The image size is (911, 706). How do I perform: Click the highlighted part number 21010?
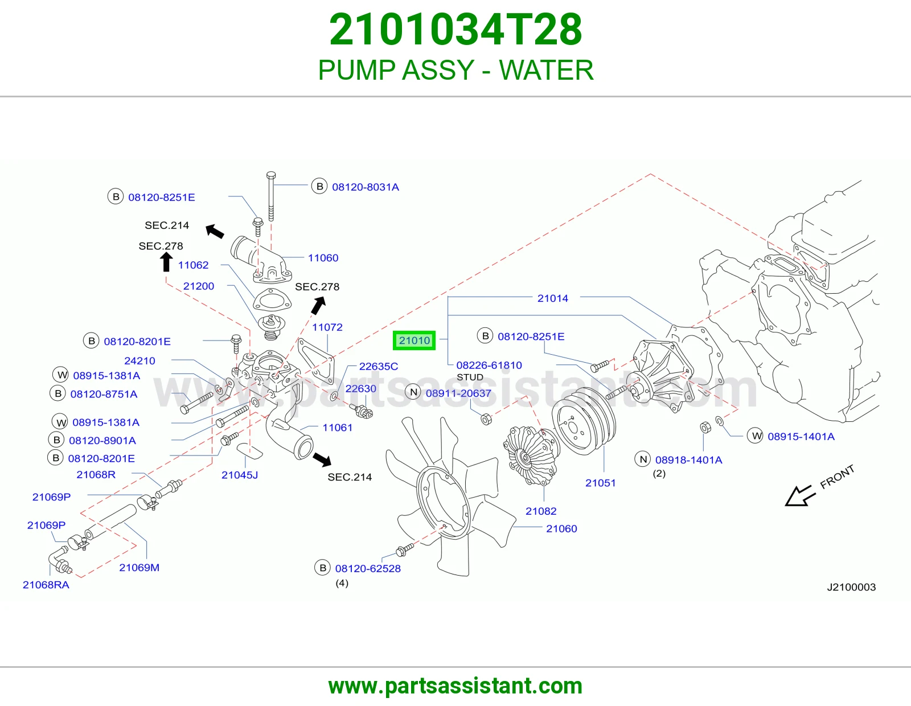414,340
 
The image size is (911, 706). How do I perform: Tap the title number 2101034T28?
455,30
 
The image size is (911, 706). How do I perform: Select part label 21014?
552,298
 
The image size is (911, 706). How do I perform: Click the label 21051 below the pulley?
600,483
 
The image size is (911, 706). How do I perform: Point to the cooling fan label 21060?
561,528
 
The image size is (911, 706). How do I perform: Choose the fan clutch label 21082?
541,511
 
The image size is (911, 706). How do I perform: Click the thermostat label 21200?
199,286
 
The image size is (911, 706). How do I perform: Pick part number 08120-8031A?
365,187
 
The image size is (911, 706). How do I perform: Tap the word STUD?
470,377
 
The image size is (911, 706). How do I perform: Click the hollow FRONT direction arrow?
800,496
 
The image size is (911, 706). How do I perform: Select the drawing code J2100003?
851,587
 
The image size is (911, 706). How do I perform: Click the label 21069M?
139,567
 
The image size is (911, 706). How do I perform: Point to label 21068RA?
46,584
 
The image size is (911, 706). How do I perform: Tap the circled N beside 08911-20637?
413,392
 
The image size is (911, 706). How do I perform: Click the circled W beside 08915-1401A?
755,436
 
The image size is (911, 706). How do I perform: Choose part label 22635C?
379,366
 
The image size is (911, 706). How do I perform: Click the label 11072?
327,327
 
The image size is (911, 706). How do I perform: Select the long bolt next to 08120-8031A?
271,196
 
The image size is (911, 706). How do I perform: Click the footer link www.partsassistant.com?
455,686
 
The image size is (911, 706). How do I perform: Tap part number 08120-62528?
368,568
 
